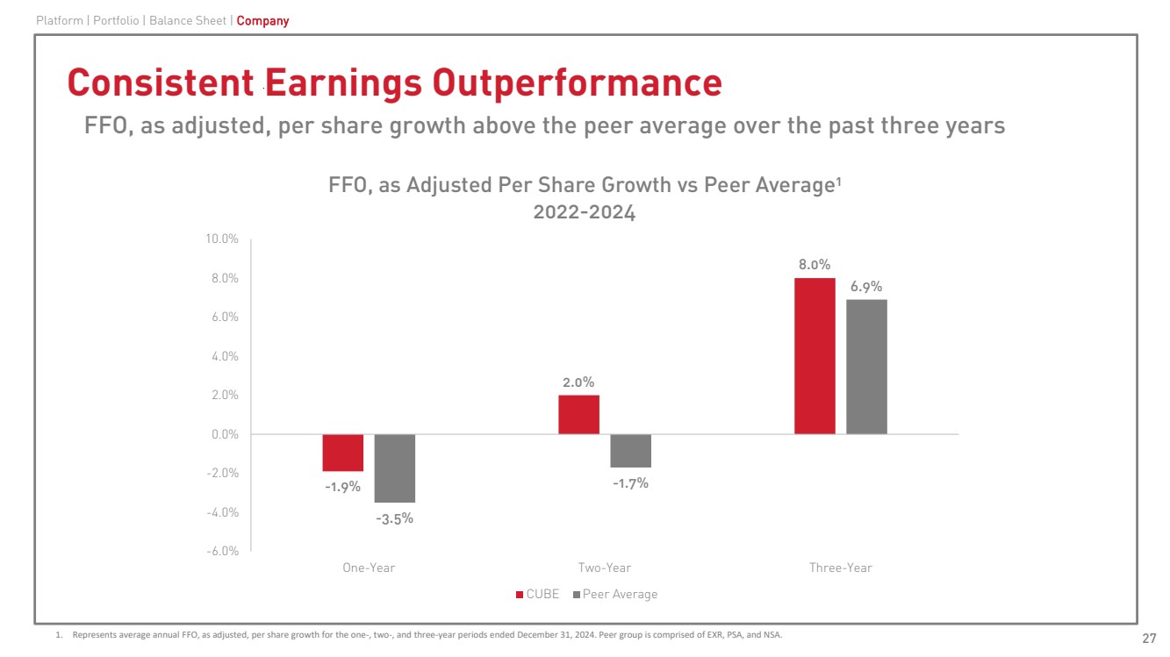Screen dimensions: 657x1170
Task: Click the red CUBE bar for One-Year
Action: point(342,453)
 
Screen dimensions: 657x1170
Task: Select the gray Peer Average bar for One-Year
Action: point(394,468)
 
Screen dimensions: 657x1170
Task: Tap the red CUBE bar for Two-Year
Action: point(578,414)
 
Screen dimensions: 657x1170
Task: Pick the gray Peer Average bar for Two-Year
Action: point(630,451)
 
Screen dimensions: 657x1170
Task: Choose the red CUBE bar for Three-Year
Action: point(815,356)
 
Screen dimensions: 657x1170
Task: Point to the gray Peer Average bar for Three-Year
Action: point(866,367)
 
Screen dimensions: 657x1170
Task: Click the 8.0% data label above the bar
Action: point(815,264)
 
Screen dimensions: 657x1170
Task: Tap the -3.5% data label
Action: point(394,518)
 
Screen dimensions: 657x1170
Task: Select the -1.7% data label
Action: point(630,482)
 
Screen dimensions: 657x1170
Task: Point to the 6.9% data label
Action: point(866,286)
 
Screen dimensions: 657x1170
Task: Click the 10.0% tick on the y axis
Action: point(222,239)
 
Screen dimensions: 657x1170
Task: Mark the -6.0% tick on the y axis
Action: point(222,551)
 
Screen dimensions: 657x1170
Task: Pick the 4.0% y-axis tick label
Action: point(225,356)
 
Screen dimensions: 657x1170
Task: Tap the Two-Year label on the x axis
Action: point(605,568)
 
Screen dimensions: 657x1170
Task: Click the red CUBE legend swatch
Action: point(520,595)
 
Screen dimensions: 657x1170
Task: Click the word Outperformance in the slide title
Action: point(577,82)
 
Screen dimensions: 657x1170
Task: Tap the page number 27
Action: point(1148,637)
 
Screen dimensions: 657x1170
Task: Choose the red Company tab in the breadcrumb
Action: point(262,20)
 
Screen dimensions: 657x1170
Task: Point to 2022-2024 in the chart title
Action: point(585,212)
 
